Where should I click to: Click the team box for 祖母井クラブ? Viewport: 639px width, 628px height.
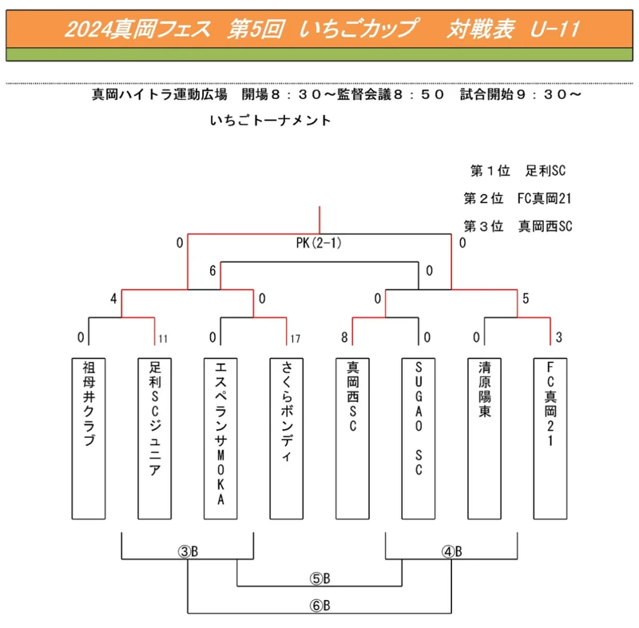tap(89, 439)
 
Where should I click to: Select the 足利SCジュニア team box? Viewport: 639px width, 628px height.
tap(154, 439)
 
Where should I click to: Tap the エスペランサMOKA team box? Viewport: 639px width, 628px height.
tap(220, 439)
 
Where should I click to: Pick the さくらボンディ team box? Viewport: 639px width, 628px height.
tap(287, 439)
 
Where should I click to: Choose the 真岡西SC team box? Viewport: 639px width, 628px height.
tap(352, 439)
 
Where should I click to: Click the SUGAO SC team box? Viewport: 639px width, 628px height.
tap(419, 439)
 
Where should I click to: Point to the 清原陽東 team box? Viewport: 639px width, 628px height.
tap(485, 439)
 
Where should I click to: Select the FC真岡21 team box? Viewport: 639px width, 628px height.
tap(550, 439)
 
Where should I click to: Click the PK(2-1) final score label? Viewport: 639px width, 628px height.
tap(319, 243)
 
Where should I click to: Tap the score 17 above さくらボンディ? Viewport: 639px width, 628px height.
tap(296, 339)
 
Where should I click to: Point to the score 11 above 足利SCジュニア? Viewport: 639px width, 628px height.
tap(163, 339)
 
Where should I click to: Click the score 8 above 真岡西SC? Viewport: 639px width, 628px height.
tap(344, 337)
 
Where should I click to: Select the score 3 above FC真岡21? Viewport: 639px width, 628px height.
tap(558, 337)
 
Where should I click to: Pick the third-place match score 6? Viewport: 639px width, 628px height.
tap(212, 271)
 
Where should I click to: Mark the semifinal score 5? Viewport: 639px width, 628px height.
tap(526, 298)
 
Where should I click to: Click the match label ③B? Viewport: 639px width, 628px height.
tap(188, 551)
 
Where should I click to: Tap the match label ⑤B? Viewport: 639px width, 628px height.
tap(320, 578)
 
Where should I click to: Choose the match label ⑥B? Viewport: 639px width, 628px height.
tap(320, 606)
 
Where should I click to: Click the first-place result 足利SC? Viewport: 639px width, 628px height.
tap(546, 170)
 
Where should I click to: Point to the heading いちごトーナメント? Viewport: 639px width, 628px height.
tap(270, 120)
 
